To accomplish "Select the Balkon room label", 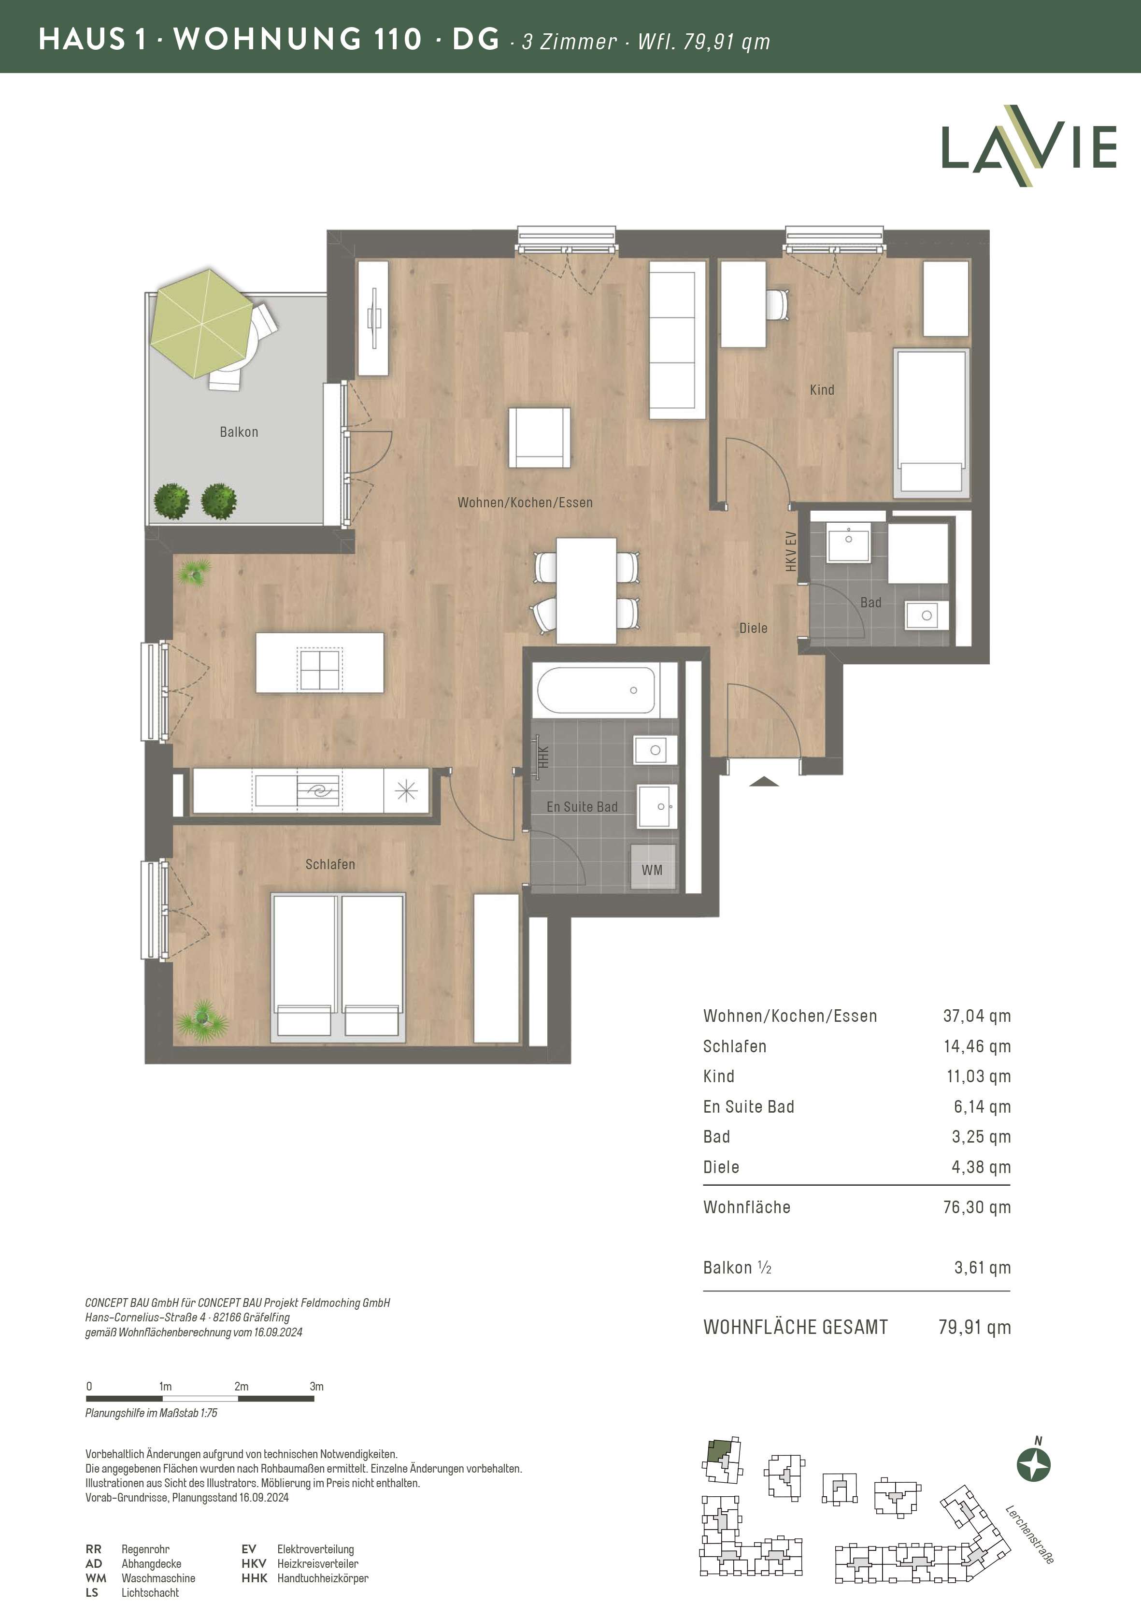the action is (239, 432).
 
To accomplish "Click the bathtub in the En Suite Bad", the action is (597, 690).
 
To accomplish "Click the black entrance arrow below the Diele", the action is (764, 781).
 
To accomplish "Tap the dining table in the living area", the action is (586, 590).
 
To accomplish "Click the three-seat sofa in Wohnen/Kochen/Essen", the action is (677, 340).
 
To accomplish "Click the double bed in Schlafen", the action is (339, 967).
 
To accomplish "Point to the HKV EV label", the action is (791, 552).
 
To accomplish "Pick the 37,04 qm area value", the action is (977, 1016).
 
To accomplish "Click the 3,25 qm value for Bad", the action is (981, 1137).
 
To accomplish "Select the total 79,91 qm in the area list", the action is (974, 1327).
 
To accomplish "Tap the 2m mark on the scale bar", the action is (241, 1386).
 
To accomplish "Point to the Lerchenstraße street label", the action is (1029, 1534).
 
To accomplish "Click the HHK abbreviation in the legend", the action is (255, 1578).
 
